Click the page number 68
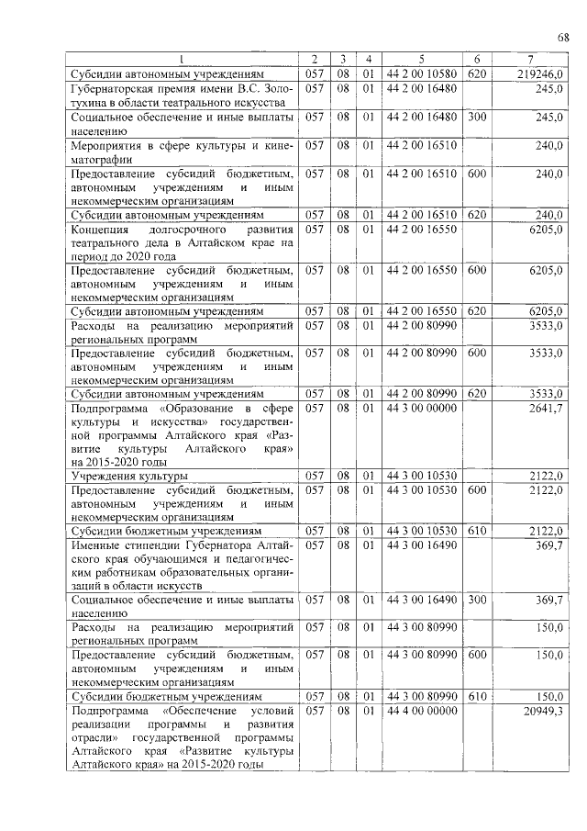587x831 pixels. click(563, 37)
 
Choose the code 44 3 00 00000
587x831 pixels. click(423, 407)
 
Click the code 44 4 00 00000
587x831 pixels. click(423, 711)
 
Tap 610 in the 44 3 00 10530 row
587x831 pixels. click(476, 531)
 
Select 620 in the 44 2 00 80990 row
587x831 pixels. click(476, 393)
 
